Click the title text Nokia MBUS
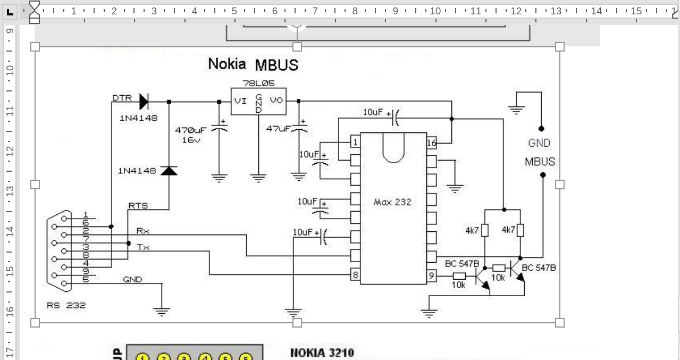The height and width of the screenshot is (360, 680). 253,64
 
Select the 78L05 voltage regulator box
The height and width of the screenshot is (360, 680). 258,101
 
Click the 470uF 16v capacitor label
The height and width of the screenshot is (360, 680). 190,135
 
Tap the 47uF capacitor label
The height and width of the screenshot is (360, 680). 278,129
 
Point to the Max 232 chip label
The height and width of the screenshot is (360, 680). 392,202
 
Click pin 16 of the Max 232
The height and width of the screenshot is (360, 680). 432,143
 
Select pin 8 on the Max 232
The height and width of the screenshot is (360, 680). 355,275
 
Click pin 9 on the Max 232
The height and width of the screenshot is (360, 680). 432,275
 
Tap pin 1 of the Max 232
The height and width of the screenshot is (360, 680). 355,142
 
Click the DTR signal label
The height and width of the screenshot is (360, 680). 122,98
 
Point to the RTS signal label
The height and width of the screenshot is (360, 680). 138,205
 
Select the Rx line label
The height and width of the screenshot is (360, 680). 142,231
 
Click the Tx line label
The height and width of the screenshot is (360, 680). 143,247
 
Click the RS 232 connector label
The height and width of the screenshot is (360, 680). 66,305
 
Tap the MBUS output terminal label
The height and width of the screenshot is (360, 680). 540,162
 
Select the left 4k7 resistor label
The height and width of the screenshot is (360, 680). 472,230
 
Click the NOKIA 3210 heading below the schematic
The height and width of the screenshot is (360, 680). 322,353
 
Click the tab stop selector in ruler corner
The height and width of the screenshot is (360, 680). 10,11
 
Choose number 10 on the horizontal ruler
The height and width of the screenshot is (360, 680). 435,11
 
